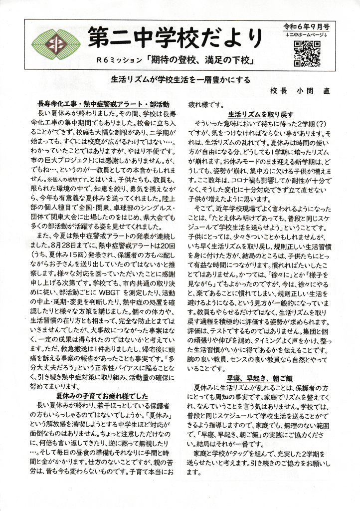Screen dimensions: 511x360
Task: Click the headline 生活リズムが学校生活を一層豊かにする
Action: (x=180, y=80)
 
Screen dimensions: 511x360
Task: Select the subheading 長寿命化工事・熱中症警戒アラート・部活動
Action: (x=104, y=104)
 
